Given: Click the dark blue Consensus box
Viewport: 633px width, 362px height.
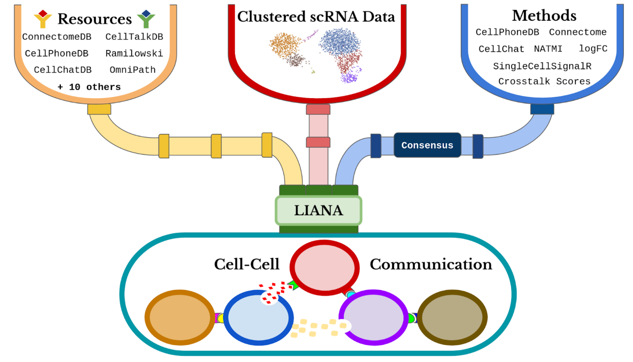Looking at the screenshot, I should [x=427, y=145].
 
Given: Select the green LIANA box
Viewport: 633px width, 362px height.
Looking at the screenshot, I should [x=318, y=211].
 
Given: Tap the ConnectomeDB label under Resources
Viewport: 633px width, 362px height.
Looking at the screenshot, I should [x=57, y=37].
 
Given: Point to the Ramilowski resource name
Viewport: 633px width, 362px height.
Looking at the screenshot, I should [x=134, y=53].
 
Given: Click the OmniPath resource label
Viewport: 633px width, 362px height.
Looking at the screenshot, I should [x=133, y=70].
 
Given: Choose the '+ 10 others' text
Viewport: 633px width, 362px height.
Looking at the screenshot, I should [x=89, y=87].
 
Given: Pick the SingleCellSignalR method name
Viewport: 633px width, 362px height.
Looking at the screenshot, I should [x=542, y=66].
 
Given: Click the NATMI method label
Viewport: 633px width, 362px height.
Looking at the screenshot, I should [x=548, y=49].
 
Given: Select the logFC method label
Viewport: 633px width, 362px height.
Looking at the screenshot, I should [x=593, y=49].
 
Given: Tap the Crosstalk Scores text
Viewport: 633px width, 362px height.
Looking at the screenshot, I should [x=544, y=81].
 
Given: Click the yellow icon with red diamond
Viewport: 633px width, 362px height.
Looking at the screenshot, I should [x=43, y=19].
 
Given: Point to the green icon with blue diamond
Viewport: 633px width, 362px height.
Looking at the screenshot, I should [x=146, y=19].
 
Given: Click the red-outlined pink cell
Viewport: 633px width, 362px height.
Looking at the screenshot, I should [x=324, y=268].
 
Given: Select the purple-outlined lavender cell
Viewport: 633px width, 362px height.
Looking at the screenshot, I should [x=373, y=317].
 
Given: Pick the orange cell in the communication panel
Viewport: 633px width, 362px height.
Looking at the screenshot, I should [x=180, y=317].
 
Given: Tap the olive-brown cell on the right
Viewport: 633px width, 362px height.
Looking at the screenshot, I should [x=452, y=317].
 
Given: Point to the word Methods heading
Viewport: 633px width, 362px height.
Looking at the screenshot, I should [x=544, y=16].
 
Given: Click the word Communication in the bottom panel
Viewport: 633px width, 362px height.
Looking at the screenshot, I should [x=431, y=264].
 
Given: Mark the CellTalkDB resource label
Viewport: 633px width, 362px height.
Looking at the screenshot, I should [x=134, y=37].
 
